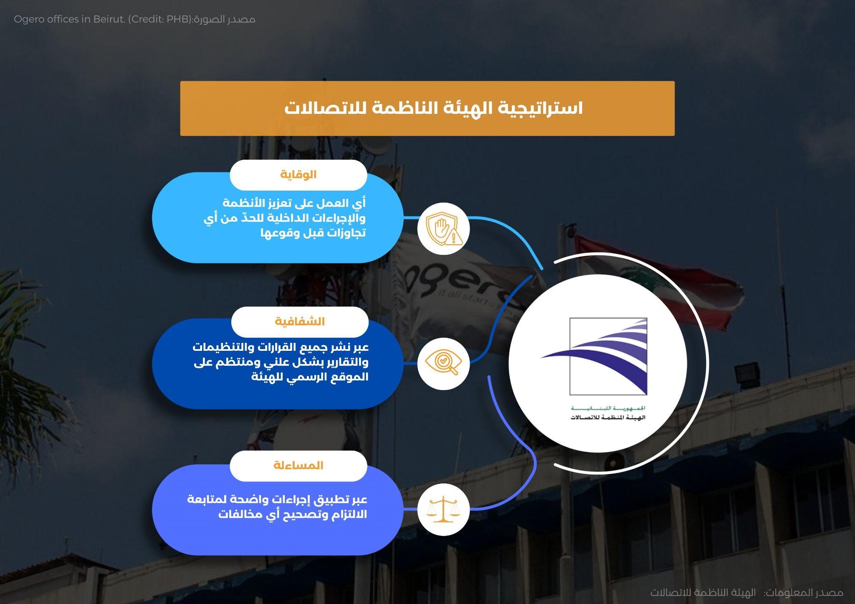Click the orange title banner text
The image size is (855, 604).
click(433, 108)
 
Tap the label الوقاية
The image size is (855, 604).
click(298, 174)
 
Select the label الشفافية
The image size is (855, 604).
click(300, 322)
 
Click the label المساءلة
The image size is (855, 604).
click(298, 466)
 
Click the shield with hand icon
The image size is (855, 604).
click(444, 229)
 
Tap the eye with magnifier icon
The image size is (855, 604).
click(443, 363)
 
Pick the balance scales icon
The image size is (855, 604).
click(443, 509)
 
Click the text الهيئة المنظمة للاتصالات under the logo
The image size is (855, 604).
click(608, 418)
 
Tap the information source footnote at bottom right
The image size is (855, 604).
click(746, 592)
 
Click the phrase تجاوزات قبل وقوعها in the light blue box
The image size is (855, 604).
click(313, 233)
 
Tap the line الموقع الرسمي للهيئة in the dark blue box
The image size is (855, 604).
click(310, 377)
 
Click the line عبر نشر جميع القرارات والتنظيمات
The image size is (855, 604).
click(281, 347)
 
